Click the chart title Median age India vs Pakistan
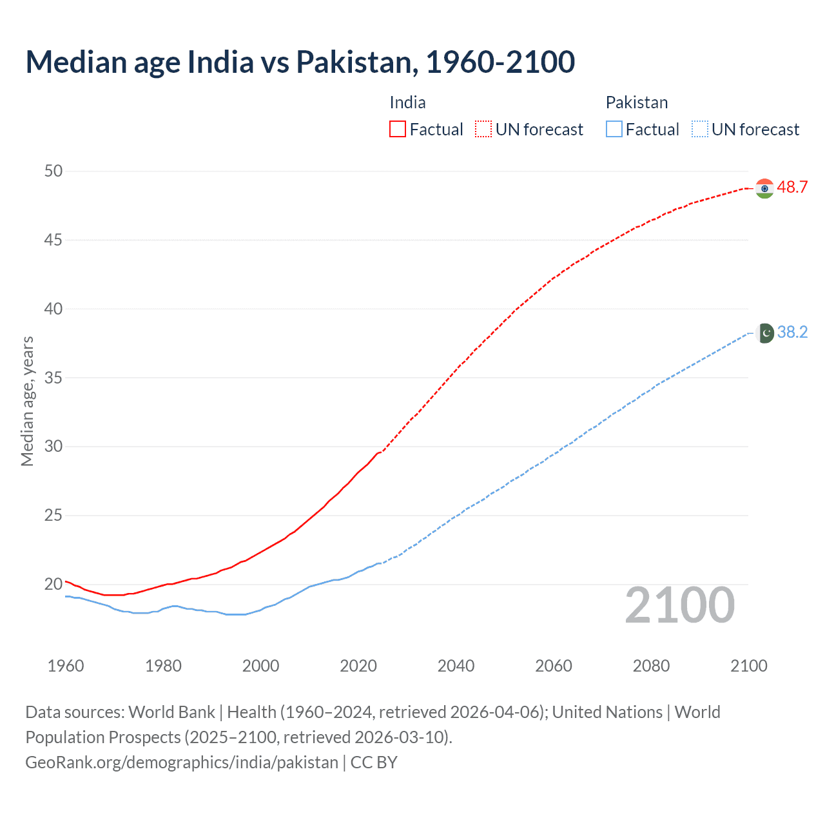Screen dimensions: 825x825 tap(300, 62)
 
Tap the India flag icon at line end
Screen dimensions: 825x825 tap(764, 188)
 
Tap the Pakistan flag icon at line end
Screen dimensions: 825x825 tap(765, 333)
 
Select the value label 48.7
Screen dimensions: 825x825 tap(792, 188)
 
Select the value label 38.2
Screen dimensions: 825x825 tap(792, 333)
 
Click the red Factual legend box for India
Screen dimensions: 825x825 tap(398, 129)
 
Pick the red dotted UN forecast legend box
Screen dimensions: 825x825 tap(483, 129)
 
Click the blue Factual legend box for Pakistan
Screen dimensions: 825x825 tap(614, 129)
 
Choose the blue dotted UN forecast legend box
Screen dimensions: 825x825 tap(699, 129)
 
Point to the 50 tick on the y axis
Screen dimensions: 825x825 tap(53, 171)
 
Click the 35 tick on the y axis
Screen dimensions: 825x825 tap(53, 378)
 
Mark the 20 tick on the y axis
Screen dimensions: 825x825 tap(53, 585)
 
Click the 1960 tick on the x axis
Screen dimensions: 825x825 tap(66, 666)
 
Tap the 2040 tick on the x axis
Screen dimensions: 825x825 tap(456, 666)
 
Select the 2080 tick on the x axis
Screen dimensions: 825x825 tap(651, 666)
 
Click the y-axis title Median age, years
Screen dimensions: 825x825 tap(27, 401)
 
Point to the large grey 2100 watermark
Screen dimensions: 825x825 tap(679, 605)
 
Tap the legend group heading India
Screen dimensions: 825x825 tap(407, 102)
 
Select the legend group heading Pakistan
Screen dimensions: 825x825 tap(636, 102)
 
